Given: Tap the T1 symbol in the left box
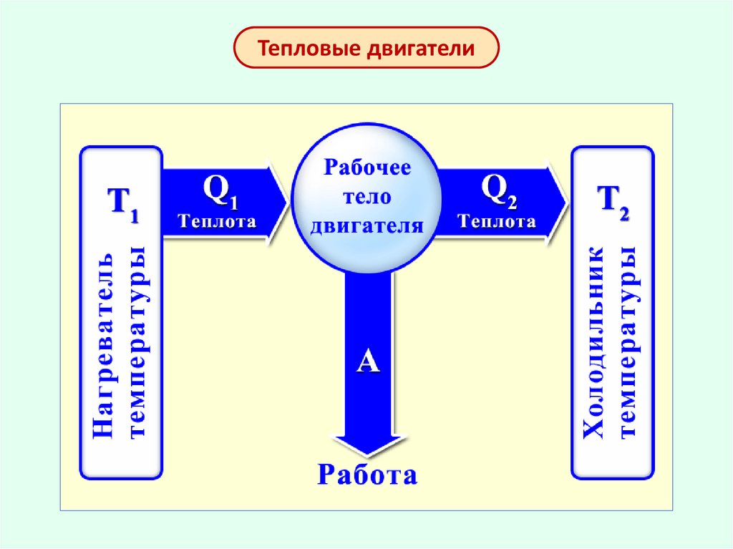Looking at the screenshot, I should tap(122, 203).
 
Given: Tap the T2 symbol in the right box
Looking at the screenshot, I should tap(613, 200).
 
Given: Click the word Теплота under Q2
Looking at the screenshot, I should tap(497, 221).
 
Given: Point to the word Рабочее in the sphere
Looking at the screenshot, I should tap(368, 169).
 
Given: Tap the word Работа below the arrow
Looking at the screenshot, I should tap(367, 475).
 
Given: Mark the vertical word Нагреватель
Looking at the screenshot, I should tap(103, 344).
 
